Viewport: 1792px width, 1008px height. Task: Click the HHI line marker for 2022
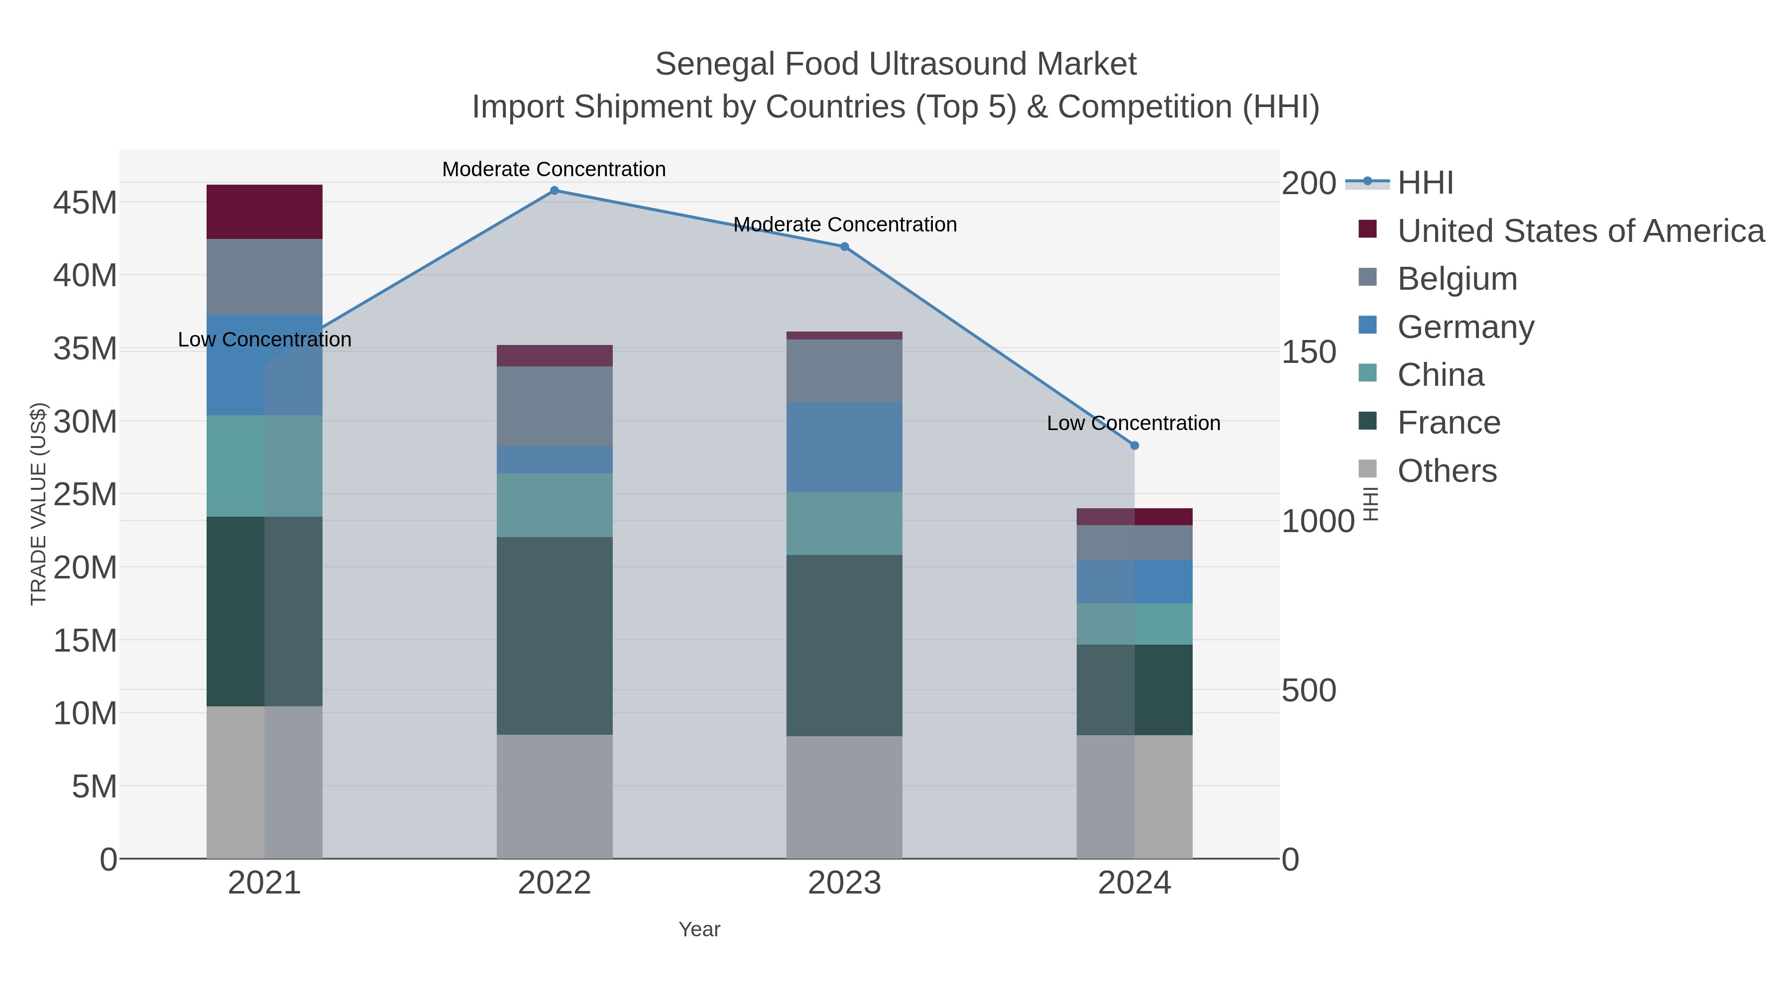tap(555, 191)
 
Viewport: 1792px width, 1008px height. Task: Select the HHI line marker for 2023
tap(845, 246)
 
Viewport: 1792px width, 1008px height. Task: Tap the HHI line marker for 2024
tap(1134, 445)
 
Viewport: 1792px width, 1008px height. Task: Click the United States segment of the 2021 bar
tap(264, 212)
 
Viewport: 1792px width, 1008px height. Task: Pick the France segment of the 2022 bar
tap(555, 635)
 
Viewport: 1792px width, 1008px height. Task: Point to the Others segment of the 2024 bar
tap(1134, 796)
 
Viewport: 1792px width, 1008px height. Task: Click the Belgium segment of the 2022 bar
tap(555, 406)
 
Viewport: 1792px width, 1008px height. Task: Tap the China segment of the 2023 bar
tap(845, 523)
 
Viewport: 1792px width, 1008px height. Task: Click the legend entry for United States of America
tap(1580, 231)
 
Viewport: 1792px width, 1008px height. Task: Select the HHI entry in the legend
tap(1425, 183)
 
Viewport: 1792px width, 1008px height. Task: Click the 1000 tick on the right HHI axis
tap(1318, 521)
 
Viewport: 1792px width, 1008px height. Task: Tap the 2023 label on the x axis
tap(845, 884)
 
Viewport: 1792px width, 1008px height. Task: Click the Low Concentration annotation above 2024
tap(1133, 423)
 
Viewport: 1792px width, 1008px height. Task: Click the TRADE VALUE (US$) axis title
tap(39, 504)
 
